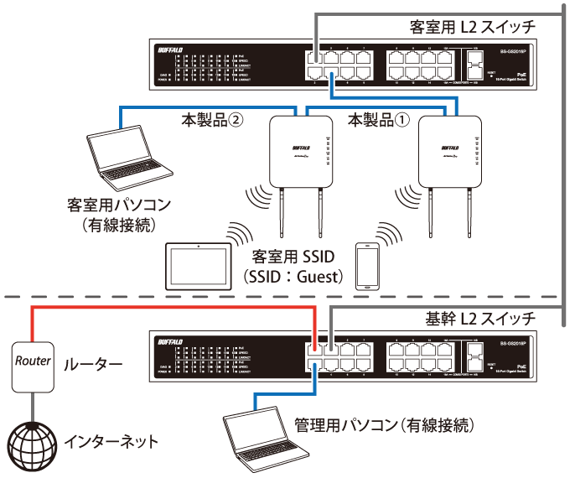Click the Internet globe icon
coord(31,439)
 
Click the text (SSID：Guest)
coord(291,274)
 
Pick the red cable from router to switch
coord(168,309)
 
